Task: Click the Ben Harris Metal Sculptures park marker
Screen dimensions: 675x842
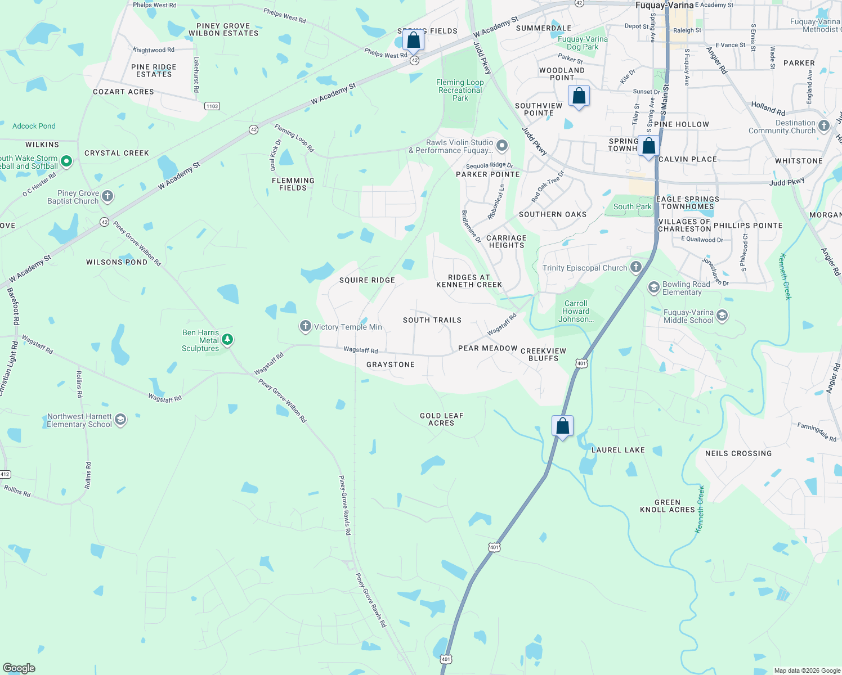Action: pyautogui.click(x=227, y=339)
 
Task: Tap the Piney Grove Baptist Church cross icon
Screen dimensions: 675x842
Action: pyautogui.click(x=108, y=197)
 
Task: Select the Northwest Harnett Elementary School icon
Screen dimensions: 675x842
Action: pyautogui.click(x=120, y=420)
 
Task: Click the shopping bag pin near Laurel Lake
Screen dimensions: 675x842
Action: pyautogui.click(x=562, y=426)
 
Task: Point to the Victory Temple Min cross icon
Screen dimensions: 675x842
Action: pyautogui.click(x=305, y=326)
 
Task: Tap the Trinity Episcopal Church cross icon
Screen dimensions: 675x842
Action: pyautogui.click(x=636, y=267)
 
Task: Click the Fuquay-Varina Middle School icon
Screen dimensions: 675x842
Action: pyautogui.click(x=722, y=316)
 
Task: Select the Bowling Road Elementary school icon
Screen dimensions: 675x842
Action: pyautogui.click(x=653, y=287)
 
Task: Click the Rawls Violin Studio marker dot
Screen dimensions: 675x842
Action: pyautogui.click(x=502, y=146)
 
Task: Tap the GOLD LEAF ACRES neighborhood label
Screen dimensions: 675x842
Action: pyautogui.click(x=441, y=419)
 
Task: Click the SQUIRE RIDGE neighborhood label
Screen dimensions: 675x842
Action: pyautogui.click(x=367, y=280)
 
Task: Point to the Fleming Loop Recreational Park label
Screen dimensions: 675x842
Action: pyautogui.click(x=460, y=90)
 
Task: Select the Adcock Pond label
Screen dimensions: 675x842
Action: pyautogui.click(x=34, y=126)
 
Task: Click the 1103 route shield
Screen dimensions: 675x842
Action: pyautogui.click(x=212, y=106)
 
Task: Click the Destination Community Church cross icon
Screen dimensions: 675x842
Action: pyautogui.click(x=824, y=126)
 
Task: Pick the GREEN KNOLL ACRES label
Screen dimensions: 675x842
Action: pyautogui.click(x=668, y=506)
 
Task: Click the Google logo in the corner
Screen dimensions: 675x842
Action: pyautogui.click(x=19, y=668)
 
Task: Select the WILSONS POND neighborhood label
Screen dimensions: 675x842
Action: pyautogui.click(x=117, y=262)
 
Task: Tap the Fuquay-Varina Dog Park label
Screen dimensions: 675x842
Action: pyautogui.click(x=583, y=43)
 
